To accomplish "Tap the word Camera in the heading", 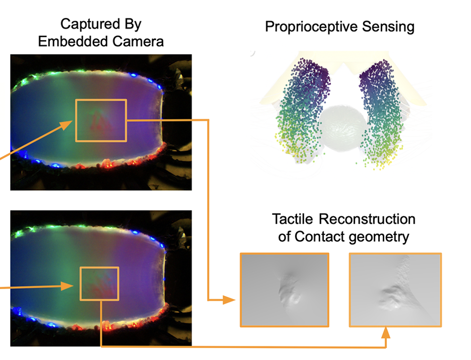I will pos(138,41).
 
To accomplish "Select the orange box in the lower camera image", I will pos(100,284).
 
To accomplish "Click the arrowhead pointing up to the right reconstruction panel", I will pos(386,333).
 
